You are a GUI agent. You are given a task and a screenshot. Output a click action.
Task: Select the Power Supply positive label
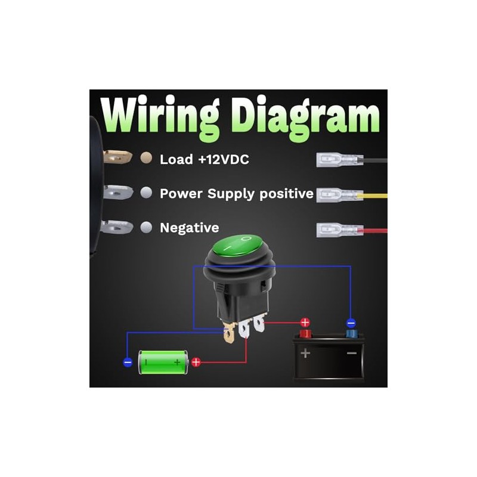237,194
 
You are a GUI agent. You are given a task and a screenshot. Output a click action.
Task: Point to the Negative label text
189,228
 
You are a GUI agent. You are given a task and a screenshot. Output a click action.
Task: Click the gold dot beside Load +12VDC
145,159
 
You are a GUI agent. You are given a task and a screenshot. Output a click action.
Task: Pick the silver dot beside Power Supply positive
145,193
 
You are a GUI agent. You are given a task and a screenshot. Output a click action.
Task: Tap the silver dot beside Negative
145,227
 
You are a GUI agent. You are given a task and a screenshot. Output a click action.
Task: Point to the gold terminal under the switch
229,334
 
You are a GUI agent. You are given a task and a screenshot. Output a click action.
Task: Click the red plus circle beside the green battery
196,361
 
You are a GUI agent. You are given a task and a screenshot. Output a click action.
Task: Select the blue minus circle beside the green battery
128,362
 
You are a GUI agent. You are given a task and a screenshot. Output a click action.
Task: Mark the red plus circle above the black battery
305,323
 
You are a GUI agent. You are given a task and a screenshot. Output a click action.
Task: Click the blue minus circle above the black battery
351,323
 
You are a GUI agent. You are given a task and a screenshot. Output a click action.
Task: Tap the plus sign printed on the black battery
305,353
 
